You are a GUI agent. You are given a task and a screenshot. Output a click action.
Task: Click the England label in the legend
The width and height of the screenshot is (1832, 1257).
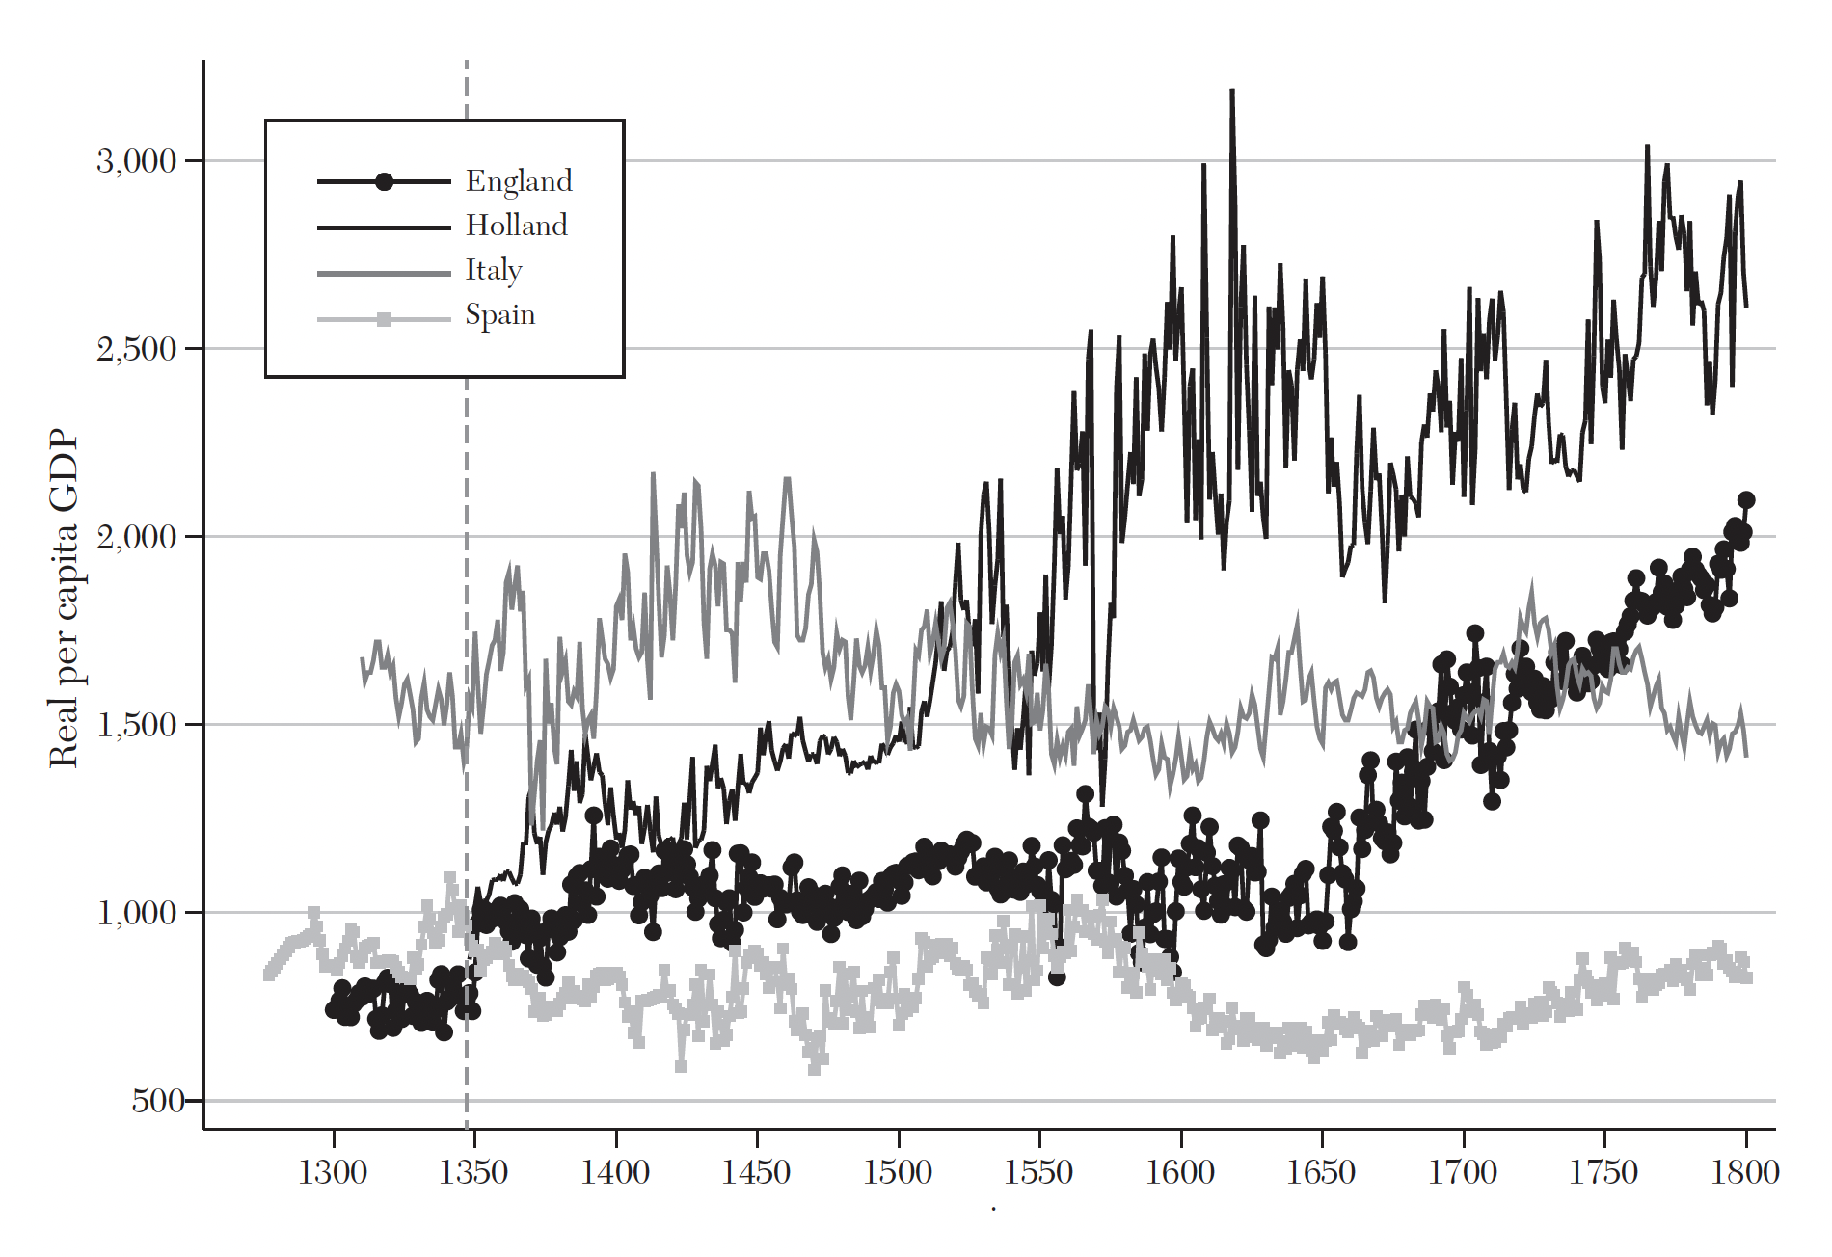tap(519, 181)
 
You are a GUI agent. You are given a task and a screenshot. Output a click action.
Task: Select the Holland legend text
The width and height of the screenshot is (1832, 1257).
tap(517, 226)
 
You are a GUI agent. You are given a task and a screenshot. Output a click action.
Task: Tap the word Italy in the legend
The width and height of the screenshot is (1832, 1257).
tap(494, 270)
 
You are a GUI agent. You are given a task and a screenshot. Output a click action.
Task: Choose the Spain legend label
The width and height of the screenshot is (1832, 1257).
tap(499, 314)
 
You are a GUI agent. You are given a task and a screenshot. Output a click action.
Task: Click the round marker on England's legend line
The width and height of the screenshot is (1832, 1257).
tap(384, 181)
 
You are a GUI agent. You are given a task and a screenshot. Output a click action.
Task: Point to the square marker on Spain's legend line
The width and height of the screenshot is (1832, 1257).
tap(384, 319)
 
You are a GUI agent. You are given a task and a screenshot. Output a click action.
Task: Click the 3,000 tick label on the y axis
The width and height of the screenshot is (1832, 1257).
tap(137, 161)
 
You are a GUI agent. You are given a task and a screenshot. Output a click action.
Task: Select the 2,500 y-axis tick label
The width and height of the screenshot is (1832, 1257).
tap(137, 349)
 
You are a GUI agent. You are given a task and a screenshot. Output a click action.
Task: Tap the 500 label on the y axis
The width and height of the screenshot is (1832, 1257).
tap(158, 1100)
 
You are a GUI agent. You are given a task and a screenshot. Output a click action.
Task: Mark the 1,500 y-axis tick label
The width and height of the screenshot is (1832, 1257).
tap(137, 725)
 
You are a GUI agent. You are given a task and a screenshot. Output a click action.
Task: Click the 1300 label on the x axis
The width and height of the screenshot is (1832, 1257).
tap(333, 1172)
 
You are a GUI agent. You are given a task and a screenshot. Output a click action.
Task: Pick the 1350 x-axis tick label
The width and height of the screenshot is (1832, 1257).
tap(473, 1172)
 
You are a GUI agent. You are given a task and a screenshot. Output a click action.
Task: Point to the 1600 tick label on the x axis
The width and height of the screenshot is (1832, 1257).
tap(1180, 1172)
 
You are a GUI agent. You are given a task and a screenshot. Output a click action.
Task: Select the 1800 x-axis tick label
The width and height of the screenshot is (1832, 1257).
tap(1745, 1172)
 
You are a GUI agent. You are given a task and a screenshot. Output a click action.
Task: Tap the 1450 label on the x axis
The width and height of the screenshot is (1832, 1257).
tap(756, 1172)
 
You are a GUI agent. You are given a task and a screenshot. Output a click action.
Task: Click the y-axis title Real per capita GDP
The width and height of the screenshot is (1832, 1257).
tap(64, 598)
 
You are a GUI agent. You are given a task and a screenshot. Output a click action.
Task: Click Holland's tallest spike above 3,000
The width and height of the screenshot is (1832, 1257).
tap(1232, 91)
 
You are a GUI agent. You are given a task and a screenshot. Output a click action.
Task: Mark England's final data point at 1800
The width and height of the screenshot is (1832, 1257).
tap(1746, 499)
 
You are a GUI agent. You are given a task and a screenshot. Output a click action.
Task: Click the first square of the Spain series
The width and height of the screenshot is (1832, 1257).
tap(269, 975)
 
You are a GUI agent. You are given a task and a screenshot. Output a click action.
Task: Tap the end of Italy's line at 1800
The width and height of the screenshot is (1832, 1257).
tap(1746, 756)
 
